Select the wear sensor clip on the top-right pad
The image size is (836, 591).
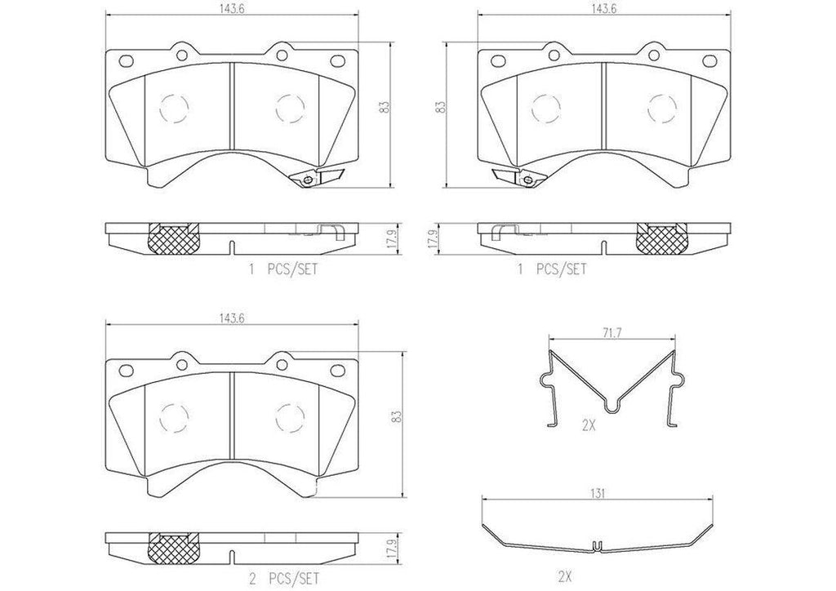(x=517, y=178)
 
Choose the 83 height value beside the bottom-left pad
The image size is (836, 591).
(x=396, y=416)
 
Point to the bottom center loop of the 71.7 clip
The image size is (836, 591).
(x=612, y=406)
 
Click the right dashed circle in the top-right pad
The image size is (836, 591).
(x=660, y=106)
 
